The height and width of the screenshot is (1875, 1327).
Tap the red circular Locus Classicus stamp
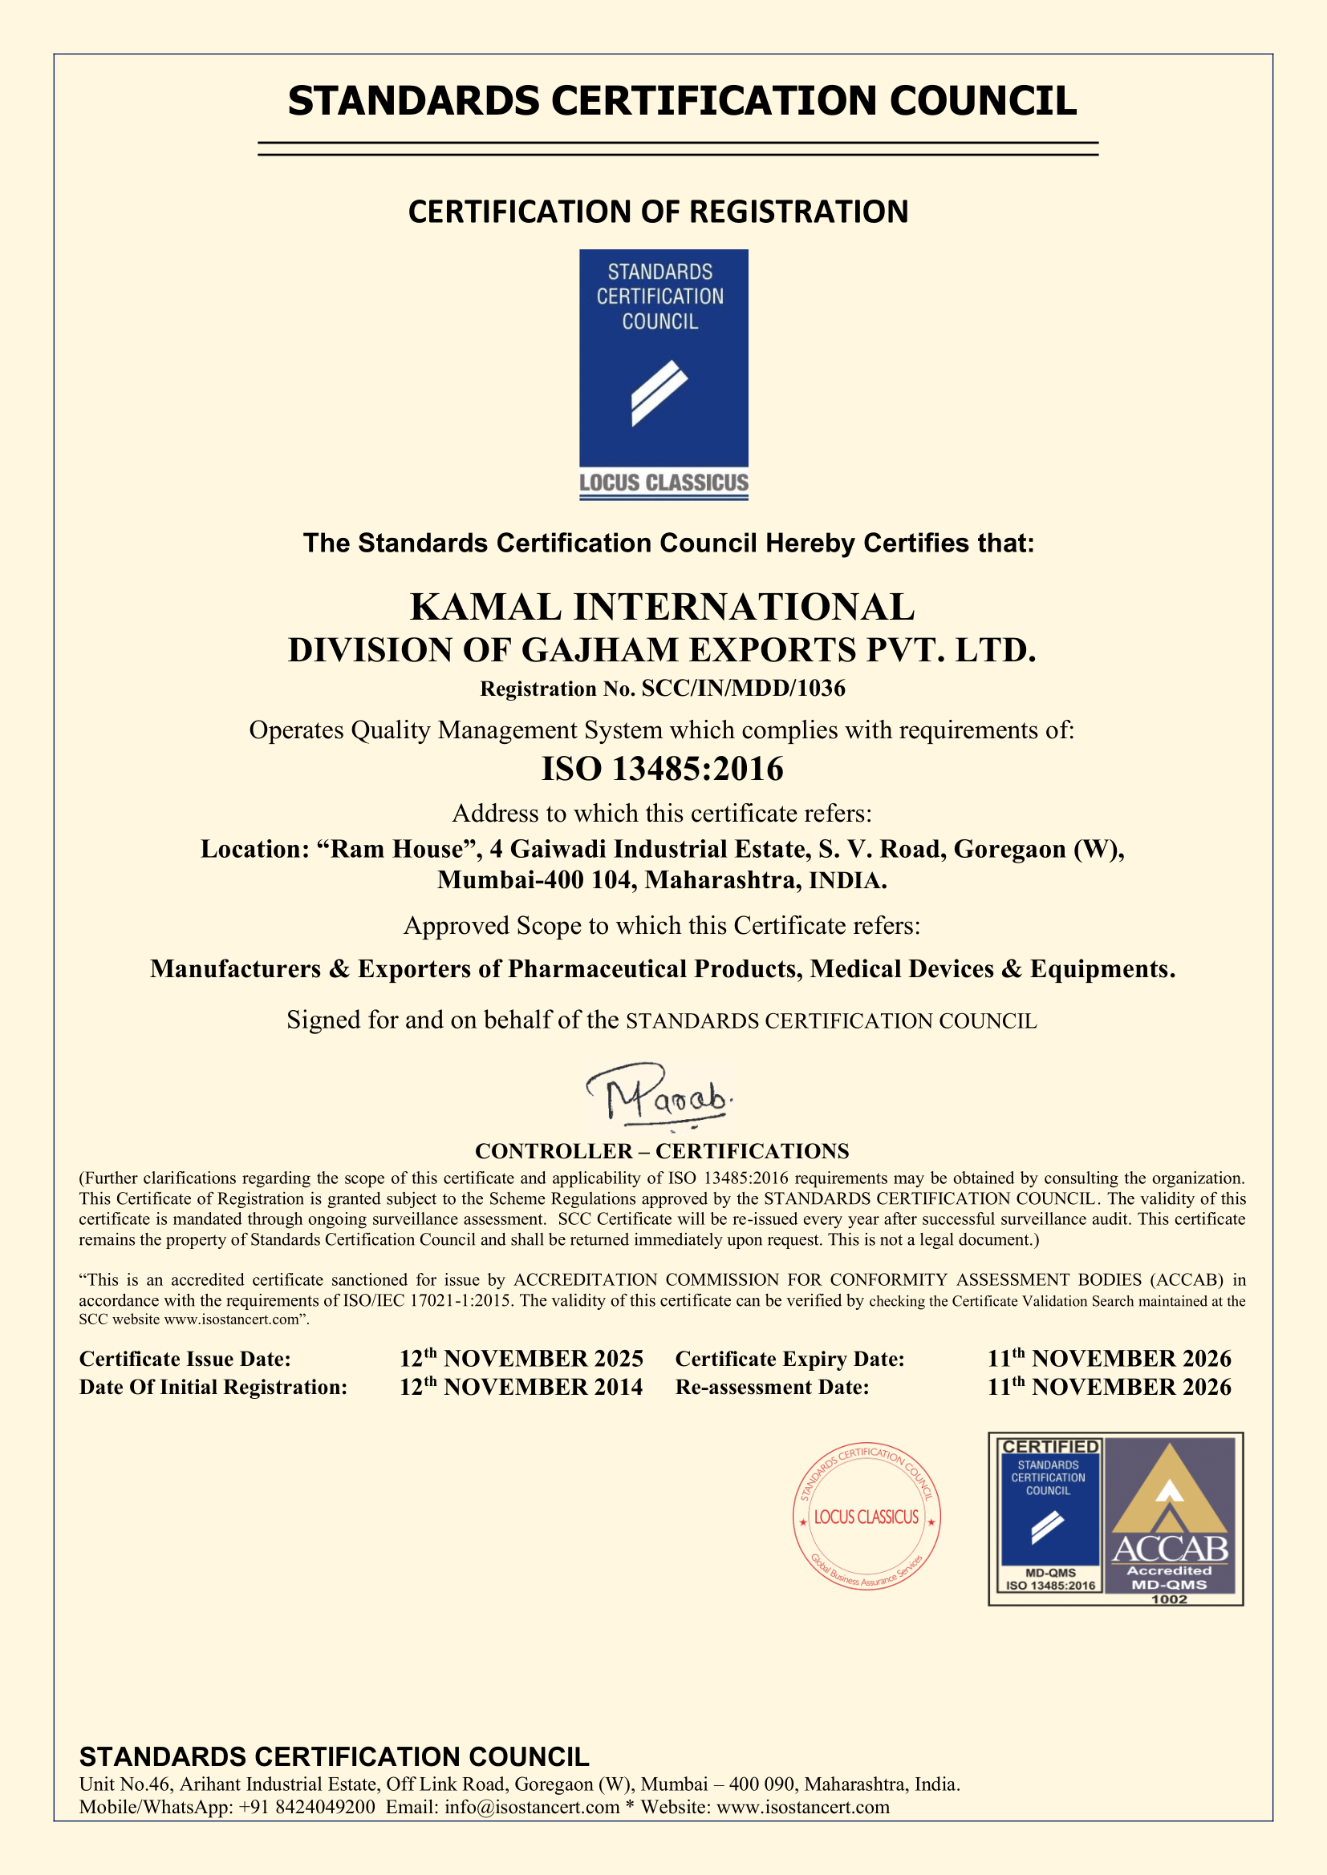866,1517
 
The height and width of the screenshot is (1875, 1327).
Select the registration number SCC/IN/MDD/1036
743,689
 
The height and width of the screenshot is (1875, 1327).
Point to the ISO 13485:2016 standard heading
663,770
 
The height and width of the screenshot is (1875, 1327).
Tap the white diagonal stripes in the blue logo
659,393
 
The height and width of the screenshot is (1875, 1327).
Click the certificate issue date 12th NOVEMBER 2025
521,1359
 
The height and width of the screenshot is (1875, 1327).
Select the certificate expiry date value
1109,1359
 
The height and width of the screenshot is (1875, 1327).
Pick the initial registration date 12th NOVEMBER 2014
521,1388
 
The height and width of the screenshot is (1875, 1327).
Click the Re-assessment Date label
772,1388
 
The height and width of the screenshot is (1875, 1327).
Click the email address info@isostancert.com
532,1807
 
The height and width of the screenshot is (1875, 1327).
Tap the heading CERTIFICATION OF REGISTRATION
658,212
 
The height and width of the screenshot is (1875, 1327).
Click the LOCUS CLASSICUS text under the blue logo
663,483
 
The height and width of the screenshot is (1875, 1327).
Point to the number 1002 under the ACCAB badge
1169,1600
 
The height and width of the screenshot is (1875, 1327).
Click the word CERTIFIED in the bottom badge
1050,1447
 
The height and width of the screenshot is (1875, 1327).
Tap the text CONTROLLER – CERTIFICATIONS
662,1151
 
